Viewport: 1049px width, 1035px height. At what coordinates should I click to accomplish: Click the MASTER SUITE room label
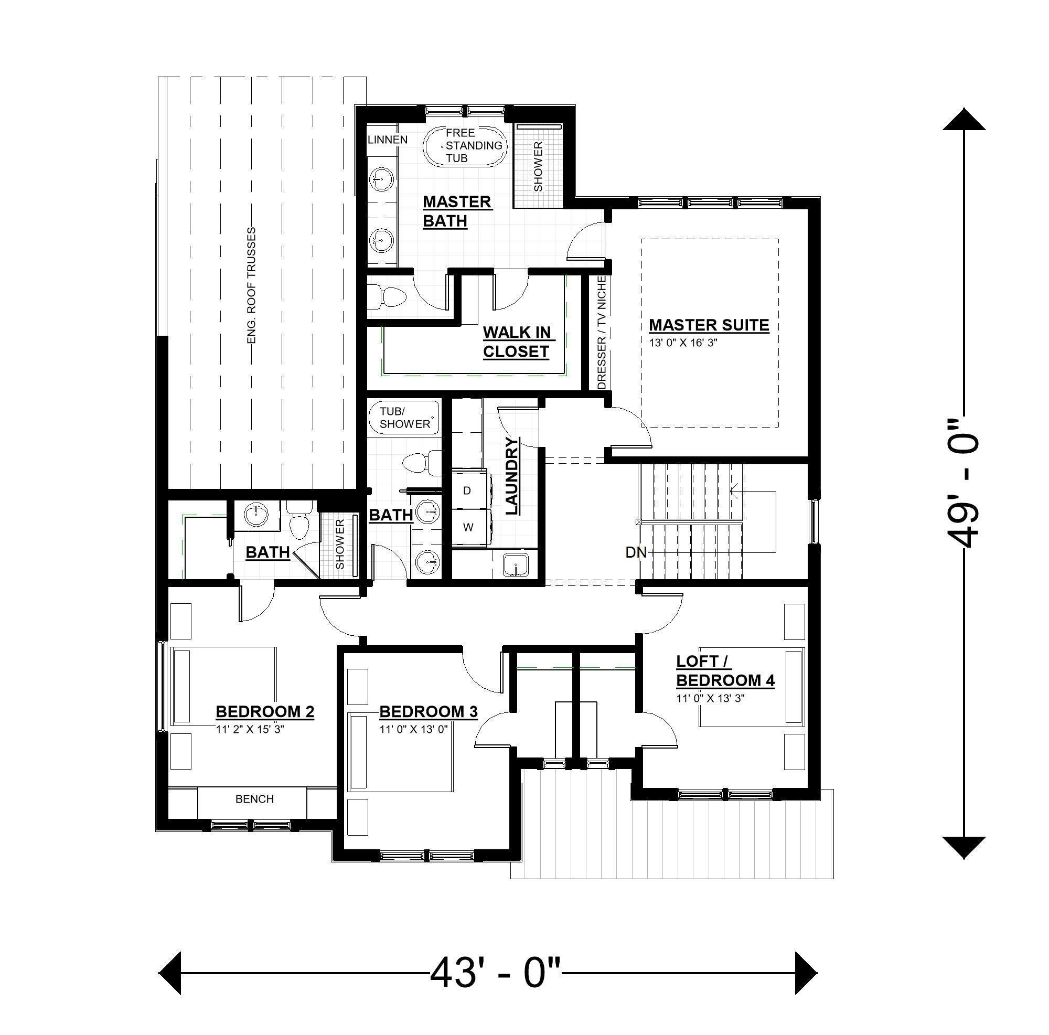tap(709, 325)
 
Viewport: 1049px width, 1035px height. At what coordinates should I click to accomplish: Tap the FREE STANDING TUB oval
tap(465, 145)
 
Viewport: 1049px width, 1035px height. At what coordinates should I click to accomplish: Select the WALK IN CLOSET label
tap(516, 342)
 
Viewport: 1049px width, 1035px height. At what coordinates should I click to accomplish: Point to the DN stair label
tap(636, 553)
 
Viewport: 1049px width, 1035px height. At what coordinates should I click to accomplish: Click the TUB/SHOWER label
tap(404, 418)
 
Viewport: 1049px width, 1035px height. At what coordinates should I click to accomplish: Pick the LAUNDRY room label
tap(512, 476)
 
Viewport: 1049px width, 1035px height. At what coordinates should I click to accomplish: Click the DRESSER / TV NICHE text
tap(601, 333)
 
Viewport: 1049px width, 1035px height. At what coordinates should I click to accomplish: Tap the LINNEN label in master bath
tap(388, 140)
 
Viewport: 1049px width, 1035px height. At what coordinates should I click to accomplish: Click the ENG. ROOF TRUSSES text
tap(251, 285)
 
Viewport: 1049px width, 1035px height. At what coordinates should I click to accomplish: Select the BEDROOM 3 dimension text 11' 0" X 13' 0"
tap(413, 729)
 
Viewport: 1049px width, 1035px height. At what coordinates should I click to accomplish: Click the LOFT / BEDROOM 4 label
tap(725, 670)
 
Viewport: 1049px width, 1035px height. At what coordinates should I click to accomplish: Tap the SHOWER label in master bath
tap(538, 166)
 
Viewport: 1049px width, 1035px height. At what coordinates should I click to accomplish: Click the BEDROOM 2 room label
tap(265, 711)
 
